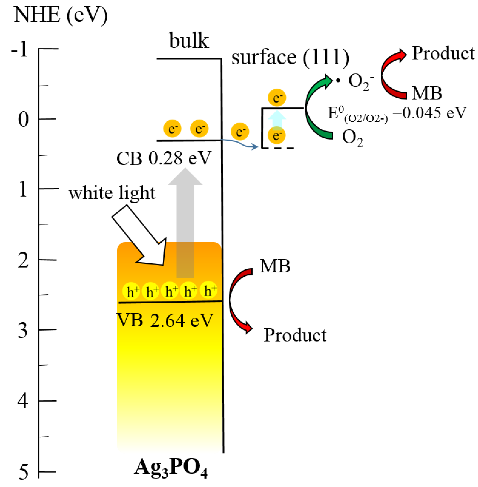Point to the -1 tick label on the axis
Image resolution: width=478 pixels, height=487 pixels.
tap(19, 49)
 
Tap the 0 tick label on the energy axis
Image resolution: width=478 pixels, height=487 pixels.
tap(23, 120)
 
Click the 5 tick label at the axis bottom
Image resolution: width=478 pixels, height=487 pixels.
tap(23, 473)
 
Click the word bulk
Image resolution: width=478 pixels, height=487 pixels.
tap(189, 40)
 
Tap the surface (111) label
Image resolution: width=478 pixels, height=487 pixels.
tap(290, 58)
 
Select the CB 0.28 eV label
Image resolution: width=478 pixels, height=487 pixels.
tap(164, 158)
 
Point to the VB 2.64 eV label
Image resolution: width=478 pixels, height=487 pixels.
tap(165, 320)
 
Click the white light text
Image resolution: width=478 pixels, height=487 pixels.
tap(112, 193)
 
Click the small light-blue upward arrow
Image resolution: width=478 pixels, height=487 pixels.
tap(277, 119)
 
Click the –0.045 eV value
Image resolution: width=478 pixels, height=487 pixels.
tap(429, 113)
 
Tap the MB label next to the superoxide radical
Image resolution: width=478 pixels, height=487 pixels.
tap(427, 93)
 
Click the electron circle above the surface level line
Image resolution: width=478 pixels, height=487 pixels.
tap(277, 97)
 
